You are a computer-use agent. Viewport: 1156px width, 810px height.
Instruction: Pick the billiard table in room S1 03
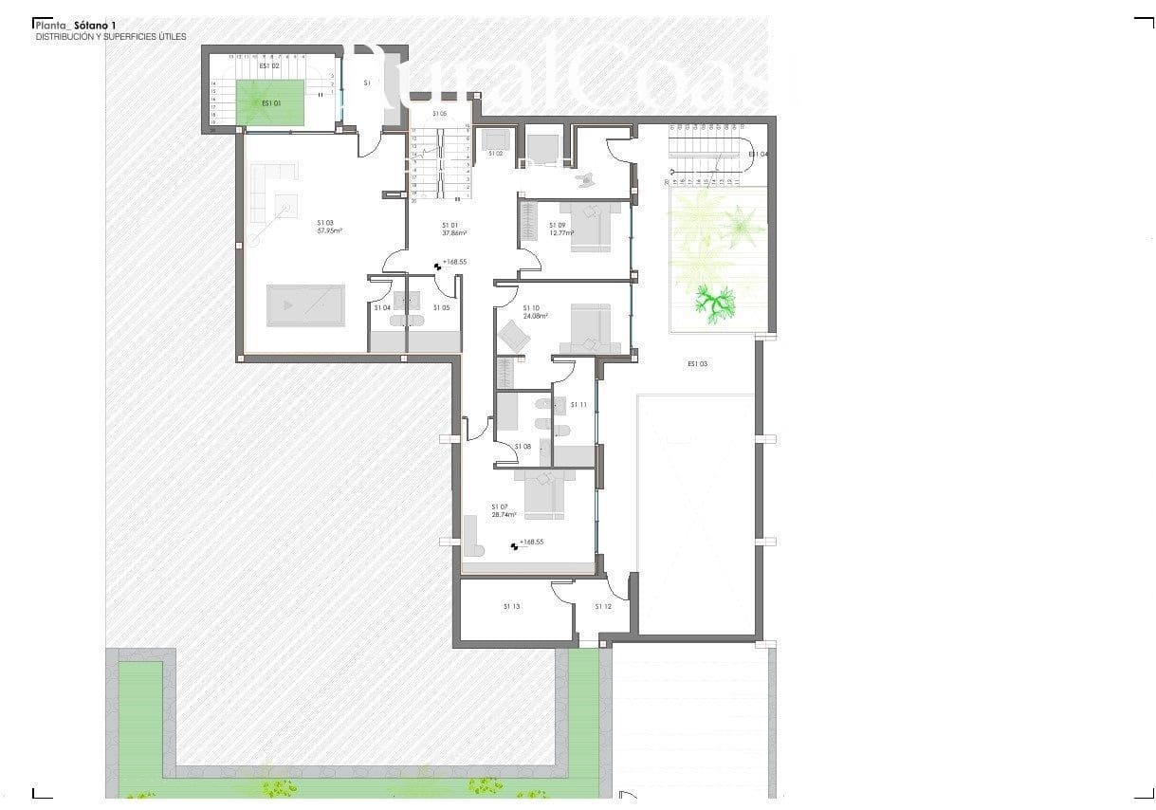pos(304,305)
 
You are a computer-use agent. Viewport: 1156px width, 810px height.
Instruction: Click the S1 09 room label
pos(557,225)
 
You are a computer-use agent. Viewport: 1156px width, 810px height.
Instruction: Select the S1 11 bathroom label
pos(578,405)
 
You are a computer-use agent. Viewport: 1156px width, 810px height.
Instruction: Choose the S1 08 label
pos(523,446)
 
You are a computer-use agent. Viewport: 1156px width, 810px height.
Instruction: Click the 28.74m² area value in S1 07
pos(504,515)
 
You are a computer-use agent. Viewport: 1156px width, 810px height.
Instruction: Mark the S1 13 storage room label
pos(511,606)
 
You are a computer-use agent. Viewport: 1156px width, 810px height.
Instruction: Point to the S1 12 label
pos(603,606)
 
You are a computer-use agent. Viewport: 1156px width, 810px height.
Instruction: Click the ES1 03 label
pos(698,363)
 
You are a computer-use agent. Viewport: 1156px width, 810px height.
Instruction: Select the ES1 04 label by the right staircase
pos(758,154)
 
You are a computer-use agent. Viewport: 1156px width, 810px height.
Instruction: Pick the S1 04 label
pos(382,307)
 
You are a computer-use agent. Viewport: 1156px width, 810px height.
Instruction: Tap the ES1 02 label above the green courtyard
pos(269,66)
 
